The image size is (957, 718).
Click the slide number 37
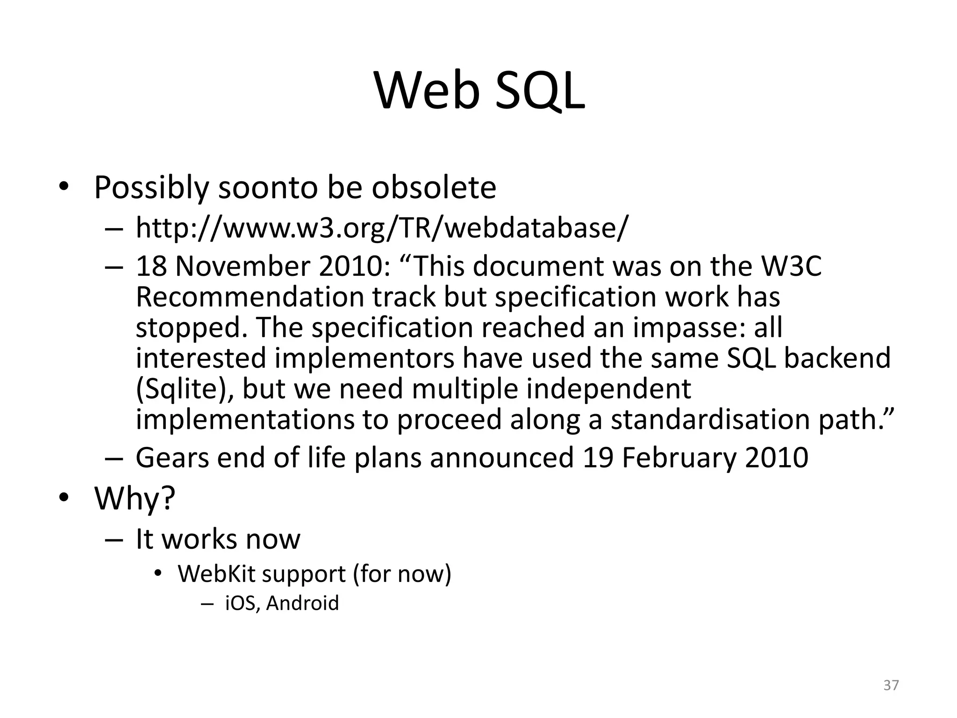(x=891, y=685)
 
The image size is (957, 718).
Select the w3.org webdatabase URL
(x=382, y=228)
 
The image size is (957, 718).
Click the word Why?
(x=135, y=498)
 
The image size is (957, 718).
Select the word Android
(x=303, y=603)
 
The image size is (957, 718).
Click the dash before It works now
(x=114, y=540)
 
